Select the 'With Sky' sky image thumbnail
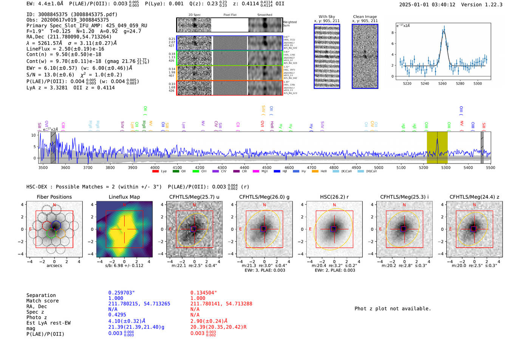click(x=327, y=56)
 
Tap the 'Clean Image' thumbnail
click(x=365, y=56)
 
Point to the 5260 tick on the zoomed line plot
click(x=442, y=83)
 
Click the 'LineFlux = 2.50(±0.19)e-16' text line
click(x=65, y=49)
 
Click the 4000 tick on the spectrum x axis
click(x=155, y=167)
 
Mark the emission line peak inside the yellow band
click(x=437, y=139)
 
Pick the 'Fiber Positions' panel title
click(x=54, y=197)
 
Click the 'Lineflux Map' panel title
click(x=124, y=197)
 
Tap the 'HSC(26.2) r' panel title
click(x=334, y=197)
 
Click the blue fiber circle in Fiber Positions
click(x=56, y=226)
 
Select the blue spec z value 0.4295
click(x=117, y=315)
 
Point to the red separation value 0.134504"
click(x=204, y=293)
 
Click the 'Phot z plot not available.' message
click(x=393, y=309)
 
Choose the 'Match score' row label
click(x=42, y=301)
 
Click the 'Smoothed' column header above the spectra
click(x=264, y=15)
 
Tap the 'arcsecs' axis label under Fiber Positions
click(x=54, y=266)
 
